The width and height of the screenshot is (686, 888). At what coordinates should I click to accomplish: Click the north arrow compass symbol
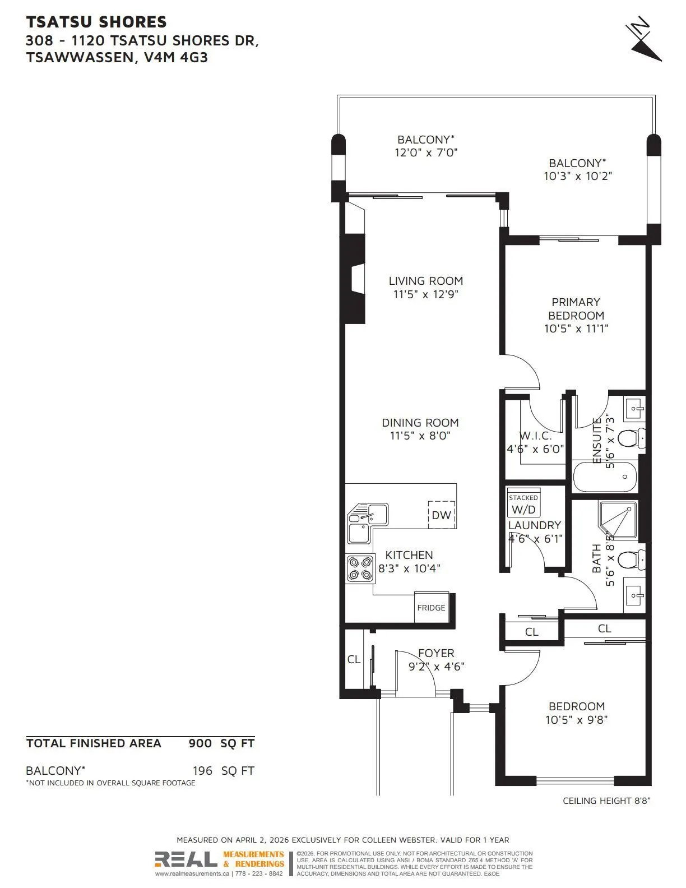click(x=644, y=39)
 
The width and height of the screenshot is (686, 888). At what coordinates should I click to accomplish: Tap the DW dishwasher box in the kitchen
click(x=441, y=515)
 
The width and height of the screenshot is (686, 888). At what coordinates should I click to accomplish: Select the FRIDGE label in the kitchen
click(x=431, y=608)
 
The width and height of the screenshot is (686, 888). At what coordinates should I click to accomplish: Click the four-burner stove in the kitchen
click(x=360, y=568)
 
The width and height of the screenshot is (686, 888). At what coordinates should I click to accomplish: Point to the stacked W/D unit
click(x=523, y=503)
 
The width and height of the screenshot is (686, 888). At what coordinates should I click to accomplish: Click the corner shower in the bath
click(x=618, y=520)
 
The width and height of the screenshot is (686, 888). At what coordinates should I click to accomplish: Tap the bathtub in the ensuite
click(x=605, y=477)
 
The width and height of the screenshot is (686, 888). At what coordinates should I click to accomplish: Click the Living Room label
click(x=426, y=281)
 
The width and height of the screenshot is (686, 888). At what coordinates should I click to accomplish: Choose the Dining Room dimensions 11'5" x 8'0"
click(x=420, y=436)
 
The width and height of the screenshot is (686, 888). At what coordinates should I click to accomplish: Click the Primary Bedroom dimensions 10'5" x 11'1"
click(x=576, y=328)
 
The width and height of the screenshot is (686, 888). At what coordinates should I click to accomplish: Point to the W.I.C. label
click(x=535, y=436)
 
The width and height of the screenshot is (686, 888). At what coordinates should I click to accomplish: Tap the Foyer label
click(x=436, y=653)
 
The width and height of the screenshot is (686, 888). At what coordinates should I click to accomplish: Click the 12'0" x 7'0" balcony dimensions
click(x=426, y=152)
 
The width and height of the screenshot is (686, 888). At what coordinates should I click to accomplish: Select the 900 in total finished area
click(x=200, y=743)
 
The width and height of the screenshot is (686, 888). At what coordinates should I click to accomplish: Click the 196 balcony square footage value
click(x=203, y=771)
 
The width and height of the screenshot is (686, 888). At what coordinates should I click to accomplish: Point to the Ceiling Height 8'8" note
click(x=606, y=801)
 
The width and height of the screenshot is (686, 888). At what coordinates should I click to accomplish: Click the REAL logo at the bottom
click(x=186, y=859)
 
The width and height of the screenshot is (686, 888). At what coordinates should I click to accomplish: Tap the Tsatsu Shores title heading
click(x=96, y=22)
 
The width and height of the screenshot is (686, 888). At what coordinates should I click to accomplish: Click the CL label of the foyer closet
click(x=354, y=660)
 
